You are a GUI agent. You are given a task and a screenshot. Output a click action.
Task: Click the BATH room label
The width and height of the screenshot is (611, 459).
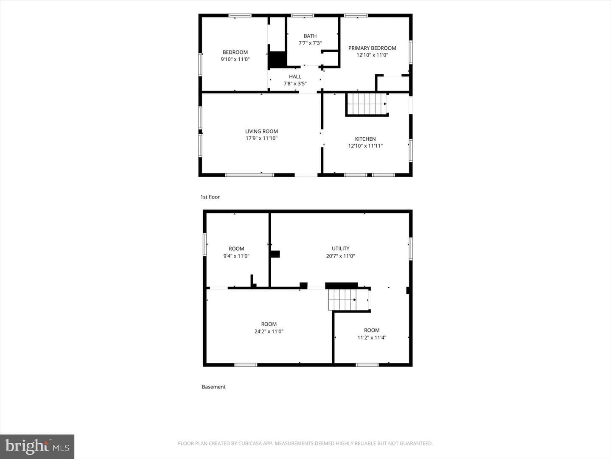[310, 36]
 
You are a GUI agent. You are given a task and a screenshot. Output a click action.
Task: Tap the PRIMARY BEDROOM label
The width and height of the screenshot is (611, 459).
[372, 48]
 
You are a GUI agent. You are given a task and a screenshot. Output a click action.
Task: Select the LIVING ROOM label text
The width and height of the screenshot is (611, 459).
[261, 131]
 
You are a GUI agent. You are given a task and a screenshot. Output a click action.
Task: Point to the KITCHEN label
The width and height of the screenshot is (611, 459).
[365, 139]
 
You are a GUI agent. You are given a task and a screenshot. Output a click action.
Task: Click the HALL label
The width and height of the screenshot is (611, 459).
[295, 76]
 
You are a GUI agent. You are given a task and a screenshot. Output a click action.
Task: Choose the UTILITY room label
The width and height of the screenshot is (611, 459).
[340, 248]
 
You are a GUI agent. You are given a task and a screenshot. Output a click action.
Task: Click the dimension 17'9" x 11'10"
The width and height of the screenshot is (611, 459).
[261, 138]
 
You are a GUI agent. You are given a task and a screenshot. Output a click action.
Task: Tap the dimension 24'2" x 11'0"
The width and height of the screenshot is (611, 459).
[269, 331]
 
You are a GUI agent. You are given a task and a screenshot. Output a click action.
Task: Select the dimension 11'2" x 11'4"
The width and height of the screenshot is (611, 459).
[372, 337]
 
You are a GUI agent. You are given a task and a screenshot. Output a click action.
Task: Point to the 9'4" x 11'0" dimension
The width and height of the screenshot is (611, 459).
[236, 256]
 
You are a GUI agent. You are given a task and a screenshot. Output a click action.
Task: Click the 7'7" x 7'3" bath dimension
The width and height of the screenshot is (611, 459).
[310, 43]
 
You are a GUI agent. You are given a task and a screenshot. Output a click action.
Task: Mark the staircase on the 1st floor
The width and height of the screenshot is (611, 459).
[367, 104]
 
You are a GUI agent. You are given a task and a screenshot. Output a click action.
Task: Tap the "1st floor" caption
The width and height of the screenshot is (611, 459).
[210, 197]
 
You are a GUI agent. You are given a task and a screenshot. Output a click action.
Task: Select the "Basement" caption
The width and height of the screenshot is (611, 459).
[213, 387]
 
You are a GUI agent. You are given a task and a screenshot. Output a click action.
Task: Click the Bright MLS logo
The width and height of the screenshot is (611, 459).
[37, 446]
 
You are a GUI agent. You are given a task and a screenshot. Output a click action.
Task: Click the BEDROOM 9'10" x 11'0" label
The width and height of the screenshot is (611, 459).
[235, 56]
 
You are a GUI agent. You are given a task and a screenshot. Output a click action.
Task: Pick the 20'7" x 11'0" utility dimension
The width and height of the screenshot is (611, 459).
[340, 256]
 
